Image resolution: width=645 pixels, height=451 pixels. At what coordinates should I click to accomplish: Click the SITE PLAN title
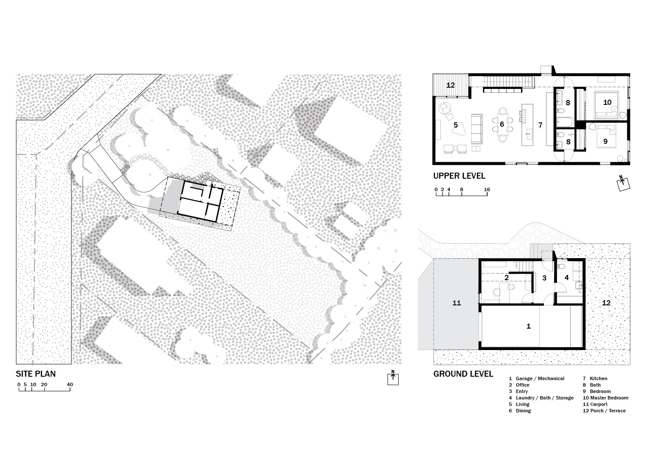pyautogui.click(x=36, y=374)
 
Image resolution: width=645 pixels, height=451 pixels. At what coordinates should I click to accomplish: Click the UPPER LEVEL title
pyautogui.click(x=459, y=176)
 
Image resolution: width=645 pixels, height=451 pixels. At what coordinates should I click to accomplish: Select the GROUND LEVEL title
pyautogui.click(x=463, y=374)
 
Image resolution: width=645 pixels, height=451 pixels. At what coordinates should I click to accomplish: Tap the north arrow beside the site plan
pyautogui.click(x=393, y=378)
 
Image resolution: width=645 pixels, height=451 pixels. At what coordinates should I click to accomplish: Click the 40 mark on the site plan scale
pyautogui.click(x=70, y=384)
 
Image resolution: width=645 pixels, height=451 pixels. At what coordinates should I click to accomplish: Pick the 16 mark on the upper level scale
pyautogui.click(x=487, y=189)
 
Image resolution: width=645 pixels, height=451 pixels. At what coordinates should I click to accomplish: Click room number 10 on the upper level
pyautogui.click(x=607, y=102)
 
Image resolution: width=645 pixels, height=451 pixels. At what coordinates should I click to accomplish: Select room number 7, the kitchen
pyautogui.click(x=541, y=125)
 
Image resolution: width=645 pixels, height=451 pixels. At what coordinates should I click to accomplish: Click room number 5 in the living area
pyautogui.click(x=455, y=125)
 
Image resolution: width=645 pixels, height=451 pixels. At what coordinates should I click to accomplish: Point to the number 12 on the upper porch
pyautogui.click(x=451, y=85)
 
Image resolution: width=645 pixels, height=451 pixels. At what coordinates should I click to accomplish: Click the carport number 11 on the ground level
pyautogui.click(x=457, y=303)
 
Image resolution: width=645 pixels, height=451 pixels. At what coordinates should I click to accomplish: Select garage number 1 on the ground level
pyautogui.click(x=528, y=326)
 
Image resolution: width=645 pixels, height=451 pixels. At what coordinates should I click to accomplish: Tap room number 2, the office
pyautogui.click(x=507, y=277)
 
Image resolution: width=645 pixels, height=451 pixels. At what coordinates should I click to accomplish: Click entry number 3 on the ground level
pyautogui.click(x=544, y=278)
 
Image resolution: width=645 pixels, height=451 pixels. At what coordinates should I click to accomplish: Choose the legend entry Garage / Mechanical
pyautogui.click(x=540, y=378)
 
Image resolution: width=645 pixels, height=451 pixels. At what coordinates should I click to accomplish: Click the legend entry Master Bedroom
pyautogui.click(x=609, y=398)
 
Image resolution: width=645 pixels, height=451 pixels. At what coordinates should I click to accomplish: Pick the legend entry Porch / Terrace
pyautogui.click(x=608, y=411)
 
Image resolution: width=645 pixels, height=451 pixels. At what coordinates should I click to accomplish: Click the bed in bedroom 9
pyautogui.click(x=607, y=136)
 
